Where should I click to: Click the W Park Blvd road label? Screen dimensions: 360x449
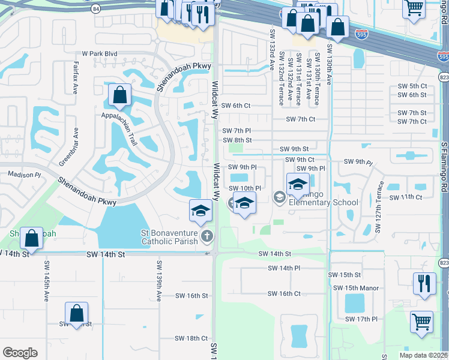[100, 53]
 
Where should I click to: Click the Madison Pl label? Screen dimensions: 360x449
[24, 174]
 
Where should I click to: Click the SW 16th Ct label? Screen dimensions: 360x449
[285, 293]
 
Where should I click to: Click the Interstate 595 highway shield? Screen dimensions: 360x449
[361, 34]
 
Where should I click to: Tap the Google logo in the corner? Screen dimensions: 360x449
[20, 352]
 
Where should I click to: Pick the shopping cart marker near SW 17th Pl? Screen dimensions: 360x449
[421, 321]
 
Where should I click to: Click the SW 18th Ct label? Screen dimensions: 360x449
[192, 338]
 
